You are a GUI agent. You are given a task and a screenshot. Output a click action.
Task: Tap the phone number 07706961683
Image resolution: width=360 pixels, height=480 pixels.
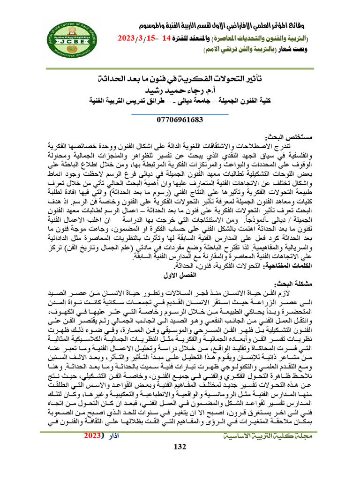pos(180,120)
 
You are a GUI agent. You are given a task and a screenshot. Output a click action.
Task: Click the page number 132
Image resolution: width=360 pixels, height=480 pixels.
pos(180,458)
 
